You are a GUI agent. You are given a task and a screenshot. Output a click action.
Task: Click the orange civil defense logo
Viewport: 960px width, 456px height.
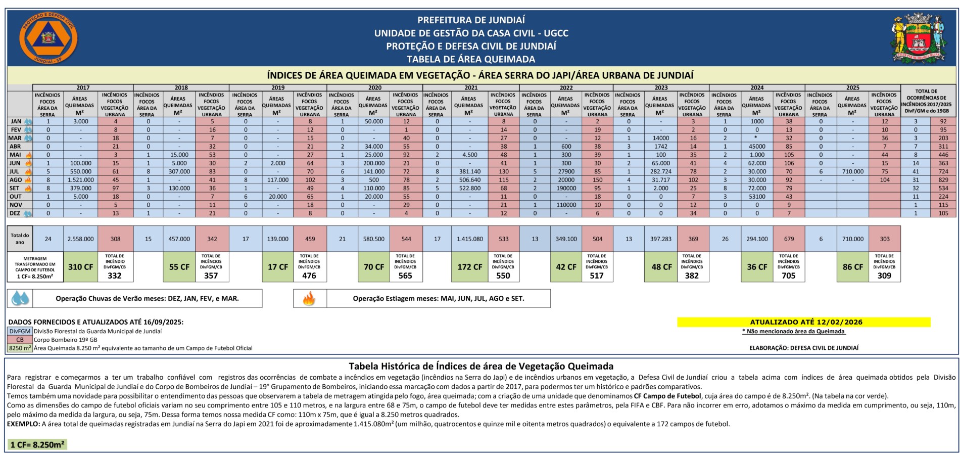48,38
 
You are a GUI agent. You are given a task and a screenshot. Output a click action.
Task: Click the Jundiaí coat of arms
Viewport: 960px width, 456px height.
917,38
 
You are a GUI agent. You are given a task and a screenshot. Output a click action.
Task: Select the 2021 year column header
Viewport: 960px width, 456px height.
470,87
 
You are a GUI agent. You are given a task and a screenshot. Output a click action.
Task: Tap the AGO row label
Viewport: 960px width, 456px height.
16,179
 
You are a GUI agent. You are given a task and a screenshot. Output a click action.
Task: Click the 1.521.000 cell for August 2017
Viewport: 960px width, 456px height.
80,179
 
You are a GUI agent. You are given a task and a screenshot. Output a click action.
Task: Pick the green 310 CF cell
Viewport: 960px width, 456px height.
80,267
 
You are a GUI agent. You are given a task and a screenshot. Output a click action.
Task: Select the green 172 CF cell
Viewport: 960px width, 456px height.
469,267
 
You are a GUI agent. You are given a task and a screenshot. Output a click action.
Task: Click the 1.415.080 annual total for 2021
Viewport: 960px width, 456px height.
469,239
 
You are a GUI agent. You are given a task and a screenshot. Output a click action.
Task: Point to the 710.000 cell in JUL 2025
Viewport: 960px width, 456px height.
852,171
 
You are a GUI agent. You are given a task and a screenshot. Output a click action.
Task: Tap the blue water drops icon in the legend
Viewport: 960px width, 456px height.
20,298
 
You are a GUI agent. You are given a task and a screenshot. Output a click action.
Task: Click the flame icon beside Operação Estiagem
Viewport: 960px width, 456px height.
309,298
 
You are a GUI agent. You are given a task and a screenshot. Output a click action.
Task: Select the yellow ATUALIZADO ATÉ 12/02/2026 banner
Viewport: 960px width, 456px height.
803,322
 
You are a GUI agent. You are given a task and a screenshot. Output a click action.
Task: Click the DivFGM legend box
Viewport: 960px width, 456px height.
20,332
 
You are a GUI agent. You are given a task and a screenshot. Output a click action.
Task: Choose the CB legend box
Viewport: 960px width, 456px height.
20,340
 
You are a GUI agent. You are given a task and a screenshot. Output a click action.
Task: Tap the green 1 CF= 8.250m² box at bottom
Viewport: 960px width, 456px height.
37,445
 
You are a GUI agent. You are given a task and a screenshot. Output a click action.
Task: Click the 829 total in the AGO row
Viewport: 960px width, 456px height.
943,179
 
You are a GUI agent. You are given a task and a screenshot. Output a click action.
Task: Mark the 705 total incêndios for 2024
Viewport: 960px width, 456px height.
788,276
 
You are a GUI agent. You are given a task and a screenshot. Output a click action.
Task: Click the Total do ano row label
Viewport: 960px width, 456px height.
20,239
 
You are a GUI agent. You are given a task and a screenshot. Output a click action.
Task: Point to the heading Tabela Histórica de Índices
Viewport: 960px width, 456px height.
481,366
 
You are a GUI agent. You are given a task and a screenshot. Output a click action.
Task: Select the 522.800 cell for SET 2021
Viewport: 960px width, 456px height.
469,188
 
